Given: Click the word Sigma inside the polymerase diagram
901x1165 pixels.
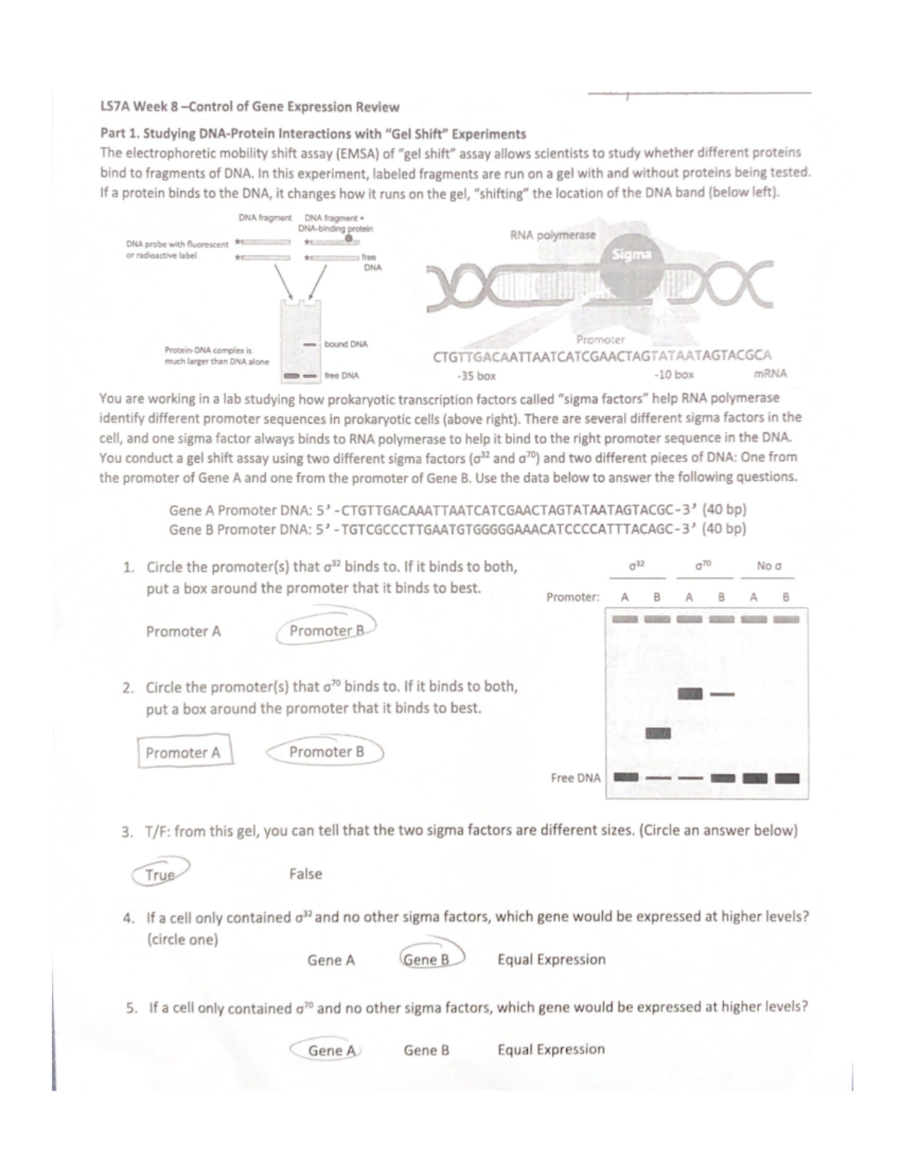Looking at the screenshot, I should tap(631, 254).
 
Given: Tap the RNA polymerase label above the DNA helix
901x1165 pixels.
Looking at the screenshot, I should tap(553, 235).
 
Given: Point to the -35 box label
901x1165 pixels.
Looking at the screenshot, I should tap(476, 374).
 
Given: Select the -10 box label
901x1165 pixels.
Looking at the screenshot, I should tap(673, 374).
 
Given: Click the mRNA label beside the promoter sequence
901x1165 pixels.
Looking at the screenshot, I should tap(770, 374).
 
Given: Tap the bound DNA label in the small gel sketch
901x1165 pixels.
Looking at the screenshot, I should tap(345, 344).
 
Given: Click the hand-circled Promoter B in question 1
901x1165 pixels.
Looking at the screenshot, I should tap(327, 631).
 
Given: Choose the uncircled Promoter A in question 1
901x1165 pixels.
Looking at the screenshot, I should tap(183, 632).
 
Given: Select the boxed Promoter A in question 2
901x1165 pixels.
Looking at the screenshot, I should tap(184, 752).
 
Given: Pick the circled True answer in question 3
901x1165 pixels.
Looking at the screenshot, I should tap(160, 874).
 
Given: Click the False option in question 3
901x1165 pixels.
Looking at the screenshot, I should tap(306, 874).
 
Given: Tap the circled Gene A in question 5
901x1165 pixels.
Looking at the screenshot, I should tap(331, 1050).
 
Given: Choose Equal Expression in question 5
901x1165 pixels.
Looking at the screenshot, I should tap(551, 1049).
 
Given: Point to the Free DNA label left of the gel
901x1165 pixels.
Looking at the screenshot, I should tap(575, 778).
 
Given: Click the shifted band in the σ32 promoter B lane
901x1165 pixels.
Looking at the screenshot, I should tap(658, 733).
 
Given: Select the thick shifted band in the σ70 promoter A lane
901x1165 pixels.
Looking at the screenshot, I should tap(689, 694).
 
